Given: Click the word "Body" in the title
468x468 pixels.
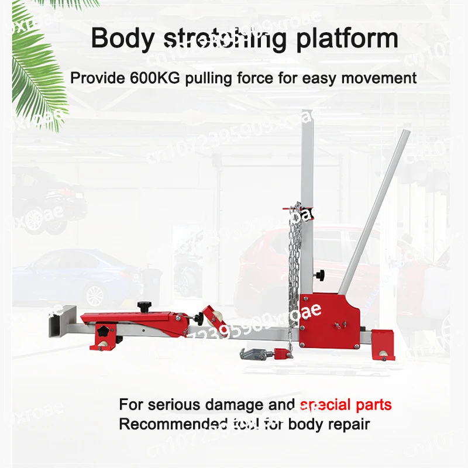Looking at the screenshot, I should (122, 39).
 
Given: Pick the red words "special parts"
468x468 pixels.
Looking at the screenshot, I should (345, 405).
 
